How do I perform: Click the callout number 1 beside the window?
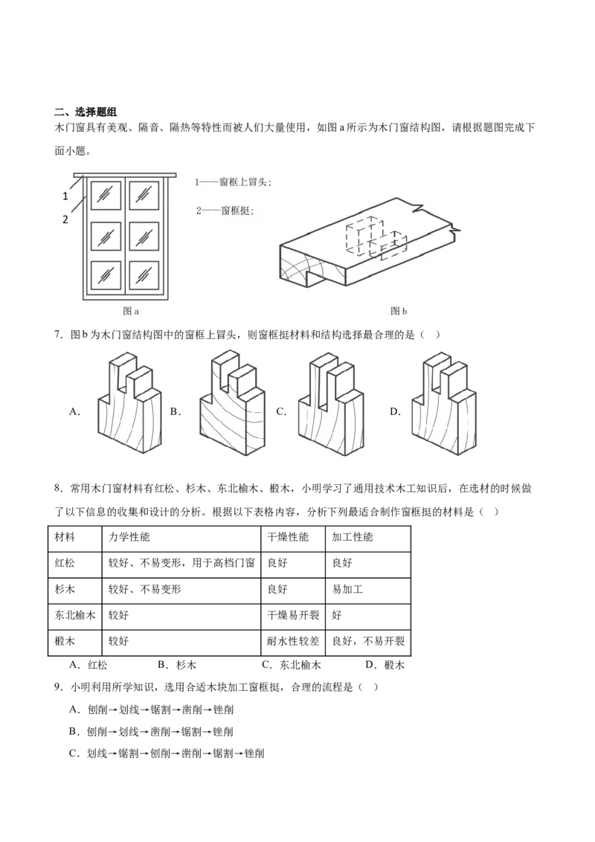point(65,196)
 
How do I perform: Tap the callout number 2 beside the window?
point(65,219)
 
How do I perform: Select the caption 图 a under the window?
point(131,312)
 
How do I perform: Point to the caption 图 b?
point(399,312)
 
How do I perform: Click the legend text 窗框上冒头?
point(242,182)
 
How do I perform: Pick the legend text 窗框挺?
point(237,210)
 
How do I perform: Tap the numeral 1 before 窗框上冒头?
point(197,182)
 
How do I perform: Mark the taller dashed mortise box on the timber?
point(363,237)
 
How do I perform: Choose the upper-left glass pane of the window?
point(106,195)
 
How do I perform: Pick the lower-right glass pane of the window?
point(144,274)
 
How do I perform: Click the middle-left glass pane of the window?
point(106,235)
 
